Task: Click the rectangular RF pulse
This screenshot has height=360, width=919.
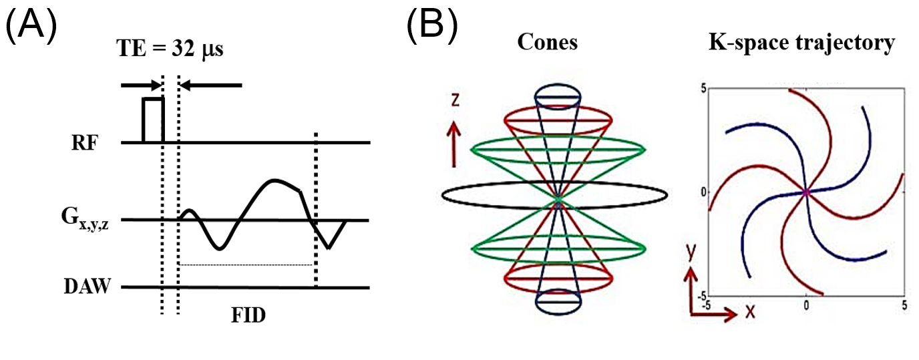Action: tap(153, 120)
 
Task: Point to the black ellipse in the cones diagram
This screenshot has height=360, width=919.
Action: tap(554, 194)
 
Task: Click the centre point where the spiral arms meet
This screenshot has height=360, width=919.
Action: tap(806, 192)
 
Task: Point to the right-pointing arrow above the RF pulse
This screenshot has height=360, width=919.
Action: tap(140, 85)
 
